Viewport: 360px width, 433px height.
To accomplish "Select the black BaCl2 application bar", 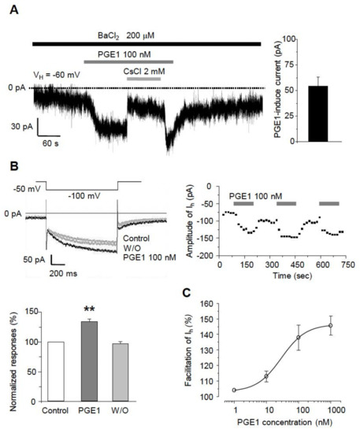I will [x=146, y=44].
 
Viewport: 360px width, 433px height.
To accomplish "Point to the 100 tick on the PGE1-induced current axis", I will [x=291, y=39].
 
